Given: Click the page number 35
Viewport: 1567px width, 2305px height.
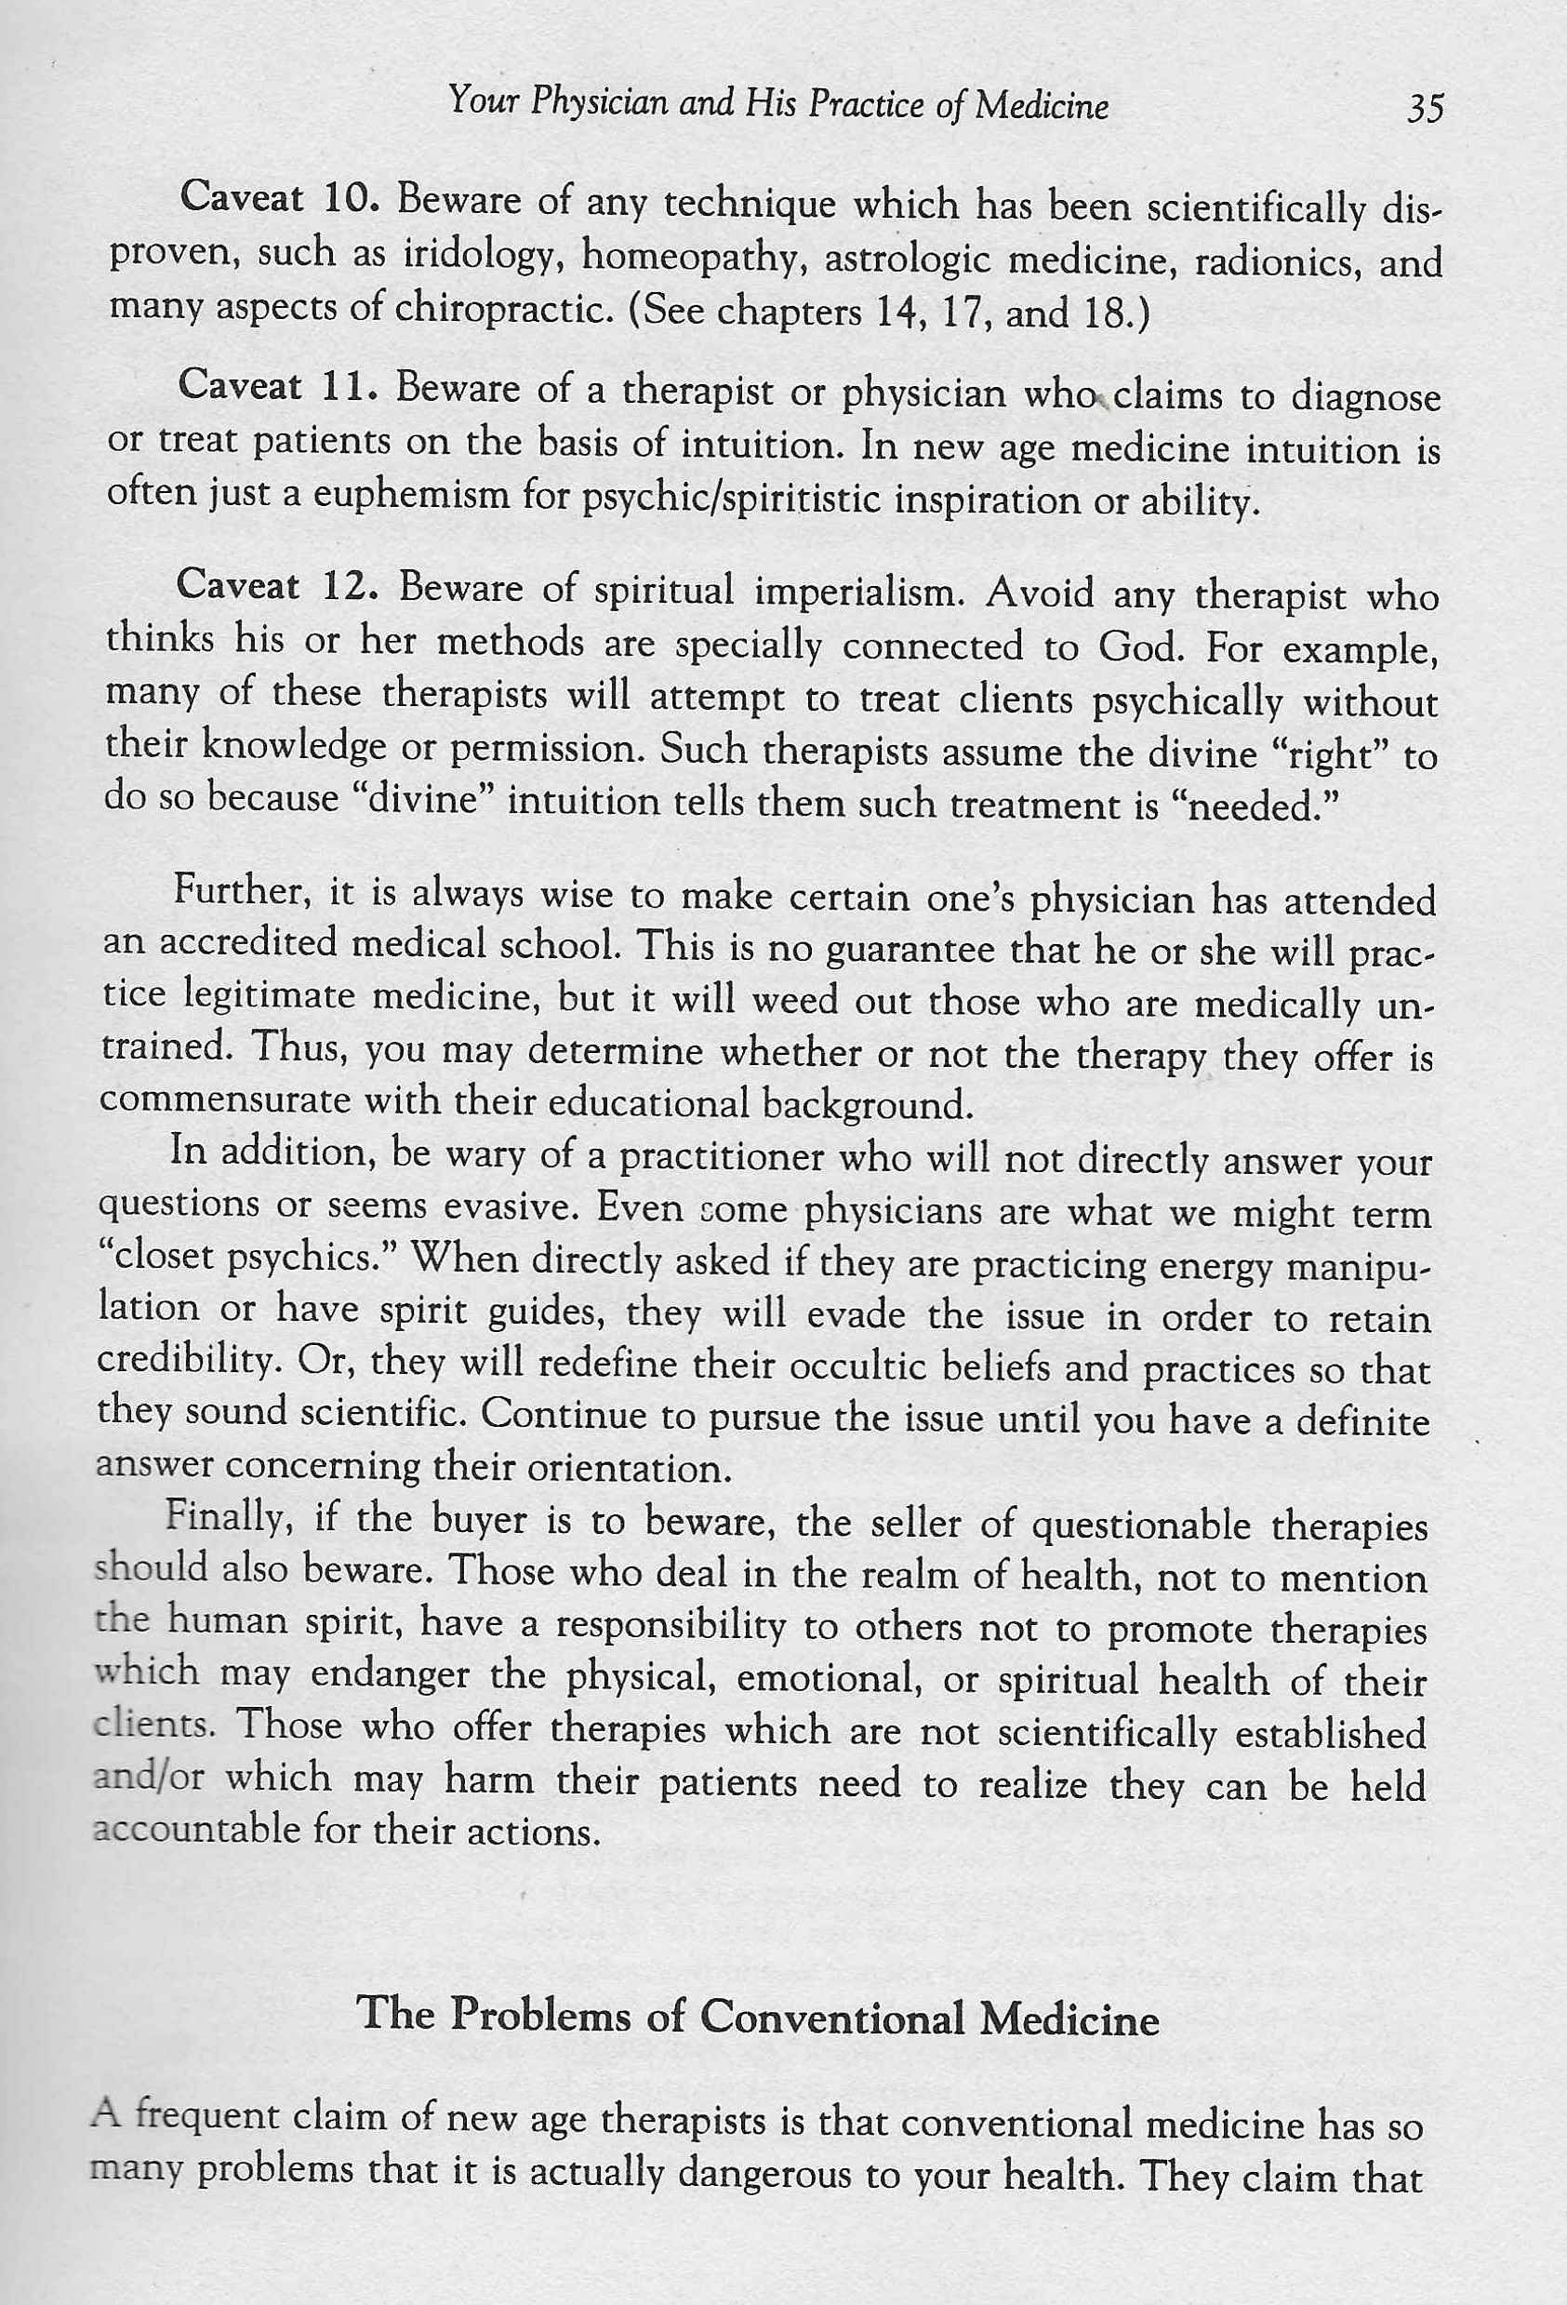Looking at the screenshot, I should (x=1424, y=108).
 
